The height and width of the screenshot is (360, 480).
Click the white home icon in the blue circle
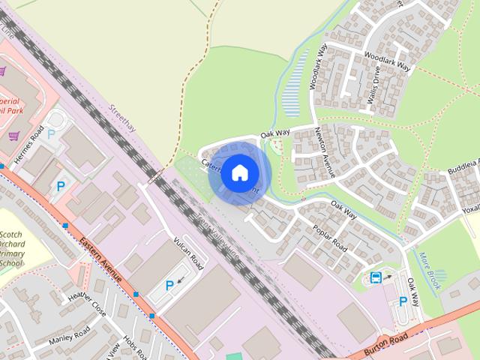(239, 173)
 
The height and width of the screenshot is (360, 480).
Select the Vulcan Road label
(188, 251)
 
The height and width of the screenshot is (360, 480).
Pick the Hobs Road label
(133, 345)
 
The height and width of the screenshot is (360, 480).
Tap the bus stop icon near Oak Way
(376, 277)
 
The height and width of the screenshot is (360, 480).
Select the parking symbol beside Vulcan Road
(169, 285)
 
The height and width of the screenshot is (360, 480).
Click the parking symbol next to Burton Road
(403, 301)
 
